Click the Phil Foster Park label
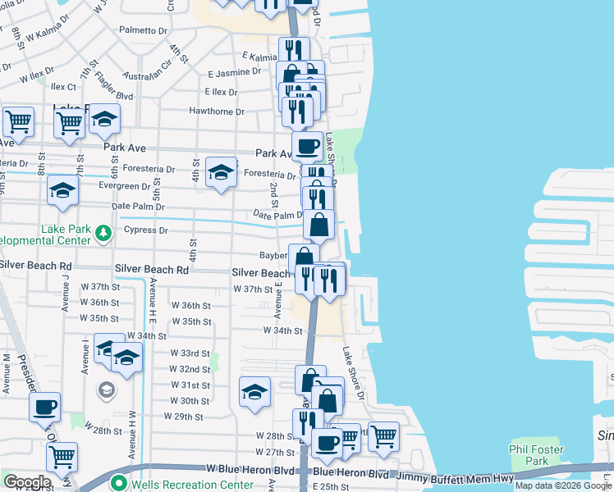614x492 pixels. [x=536, y=455]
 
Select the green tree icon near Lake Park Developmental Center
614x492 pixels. [x=103, y=232]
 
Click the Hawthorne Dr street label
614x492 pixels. [x=217, y=112]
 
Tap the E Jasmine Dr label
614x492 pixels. [x=234, y=73]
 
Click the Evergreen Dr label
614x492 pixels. [x=124, y=186]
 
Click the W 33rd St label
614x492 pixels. [x=190, y=353]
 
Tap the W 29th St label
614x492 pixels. [x=183, y=417]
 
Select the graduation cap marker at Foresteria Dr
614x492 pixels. [x=220, y=172]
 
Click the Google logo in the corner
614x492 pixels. [x=26, y=482]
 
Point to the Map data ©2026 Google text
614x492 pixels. [x=564, y=485]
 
